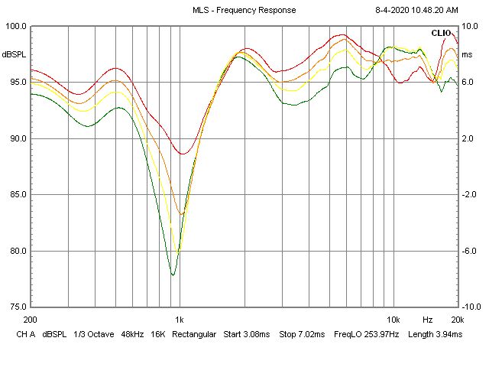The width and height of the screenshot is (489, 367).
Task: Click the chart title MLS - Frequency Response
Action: coord(244,10)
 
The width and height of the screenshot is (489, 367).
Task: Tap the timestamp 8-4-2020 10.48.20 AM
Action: coord(417,10)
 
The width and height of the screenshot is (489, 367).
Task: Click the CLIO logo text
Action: coord(441,33)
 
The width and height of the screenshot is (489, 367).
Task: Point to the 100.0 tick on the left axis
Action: coord(17,26)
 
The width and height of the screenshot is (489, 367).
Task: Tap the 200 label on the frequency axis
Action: coord(31,319)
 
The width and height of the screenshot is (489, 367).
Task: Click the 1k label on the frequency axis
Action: coord(180,319)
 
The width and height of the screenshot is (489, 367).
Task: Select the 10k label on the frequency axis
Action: coord(393,319)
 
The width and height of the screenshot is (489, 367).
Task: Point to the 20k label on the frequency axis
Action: coord(457,319)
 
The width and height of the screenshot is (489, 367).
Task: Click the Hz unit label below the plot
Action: coord(428,319)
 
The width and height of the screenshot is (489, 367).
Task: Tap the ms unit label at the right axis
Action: coord(468,54)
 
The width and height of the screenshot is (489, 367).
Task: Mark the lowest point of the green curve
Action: coord(173,274)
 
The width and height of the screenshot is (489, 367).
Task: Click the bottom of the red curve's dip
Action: coord(183,154)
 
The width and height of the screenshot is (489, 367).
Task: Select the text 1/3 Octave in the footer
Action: coord(96,334)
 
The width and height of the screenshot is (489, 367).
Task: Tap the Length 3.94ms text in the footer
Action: coord(432,334)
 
